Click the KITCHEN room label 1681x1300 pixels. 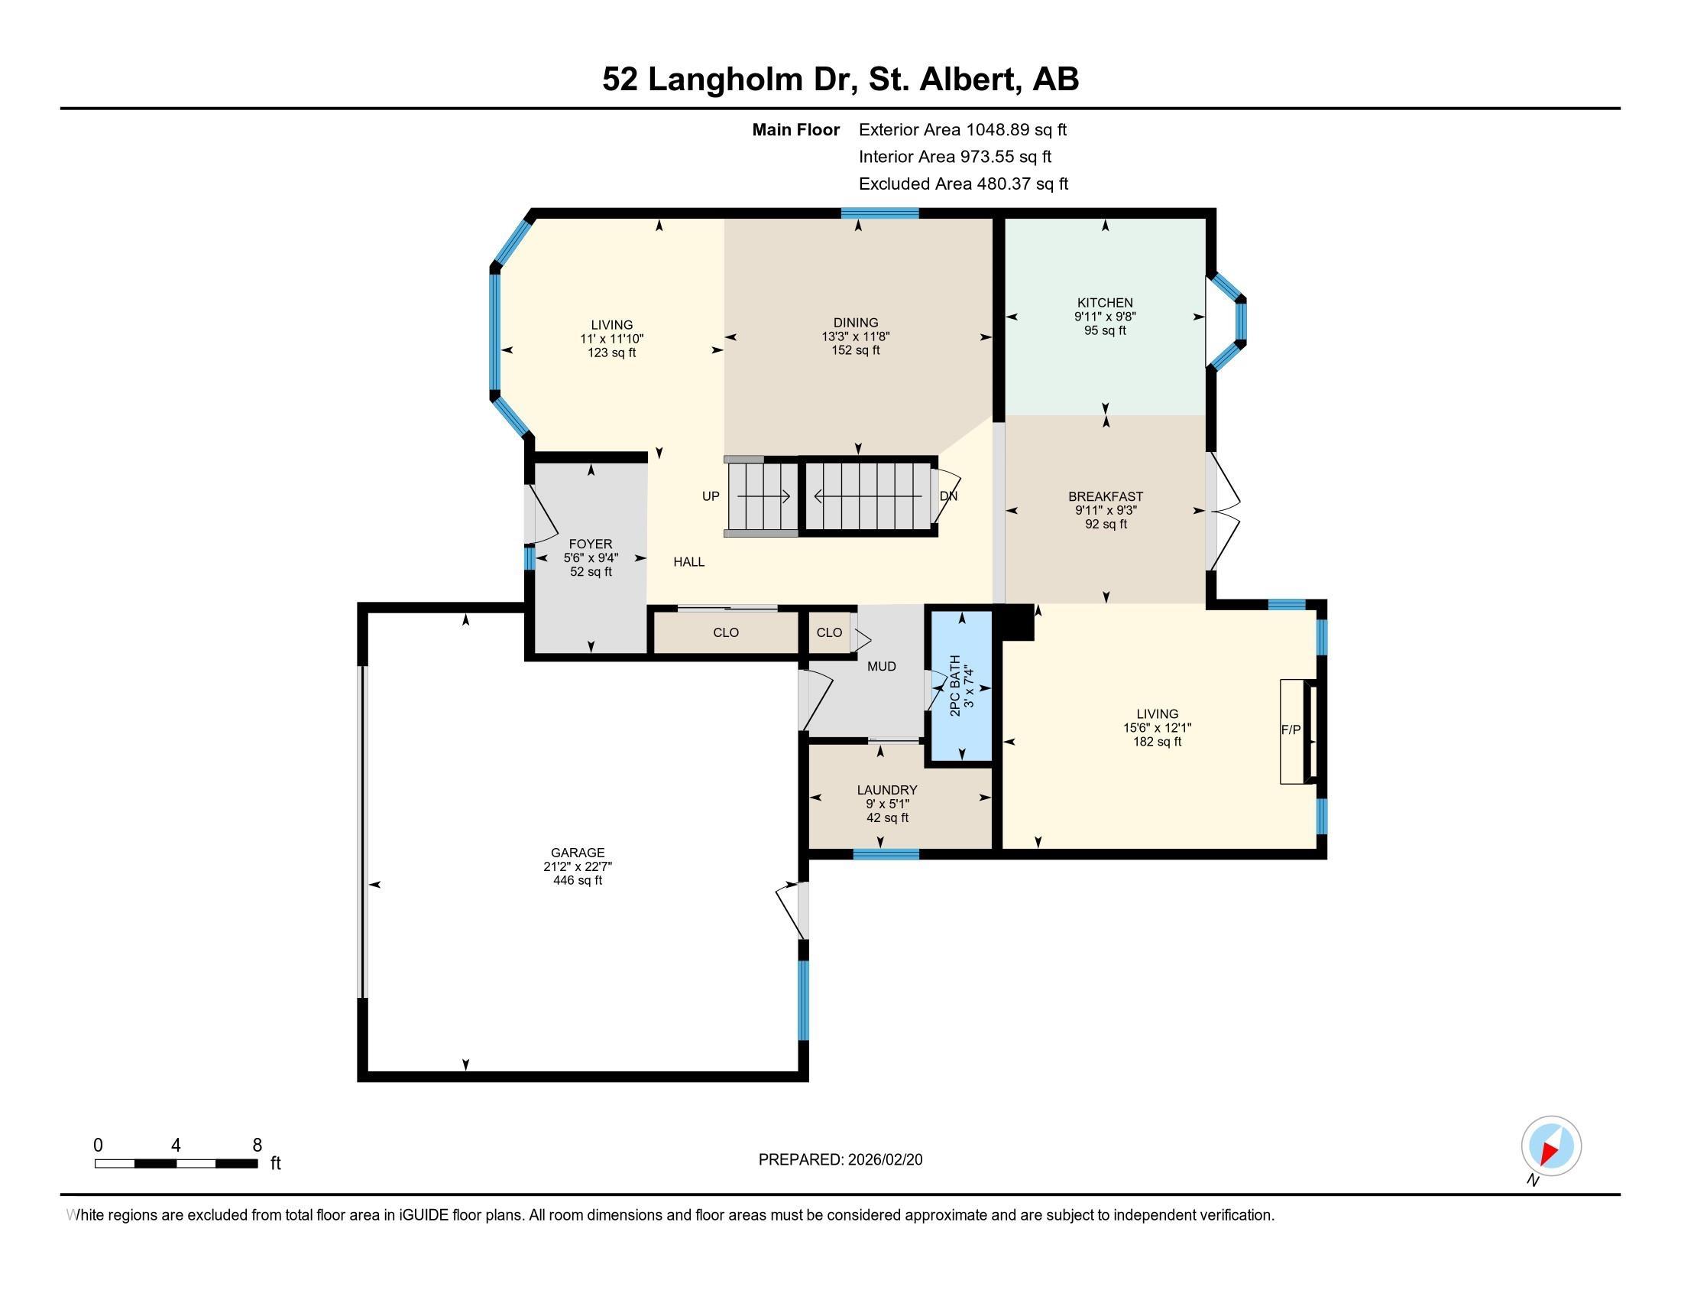(1105, 303)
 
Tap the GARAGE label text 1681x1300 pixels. (577, 853)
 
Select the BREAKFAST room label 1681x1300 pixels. (1106, 497)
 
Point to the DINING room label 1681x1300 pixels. (855, 323)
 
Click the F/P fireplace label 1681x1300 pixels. (1291, 730)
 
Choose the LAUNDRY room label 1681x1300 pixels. (886, 790)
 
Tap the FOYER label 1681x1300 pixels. (591, 544)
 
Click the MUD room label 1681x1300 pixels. (881, 666)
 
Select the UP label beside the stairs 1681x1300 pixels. (711, 496)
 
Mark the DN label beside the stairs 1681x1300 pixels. (948, 496)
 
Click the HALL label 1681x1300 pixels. (689, 562)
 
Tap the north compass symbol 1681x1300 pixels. (1551, 1146)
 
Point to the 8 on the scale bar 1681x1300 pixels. (257, 1146)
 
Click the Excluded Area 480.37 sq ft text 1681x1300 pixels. (964, 184)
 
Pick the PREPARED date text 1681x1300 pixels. (840, 1160)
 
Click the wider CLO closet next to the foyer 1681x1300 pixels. (726, 633)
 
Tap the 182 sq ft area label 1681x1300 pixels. (1157, 742)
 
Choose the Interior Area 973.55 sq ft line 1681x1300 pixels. (955, 157)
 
